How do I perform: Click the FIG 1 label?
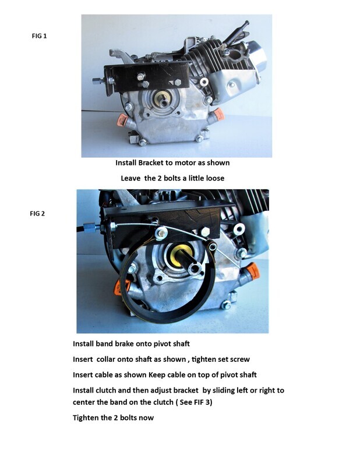point(38,36)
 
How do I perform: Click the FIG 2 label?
point(37,213)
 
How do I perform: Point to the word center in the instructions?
point(85,402)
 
